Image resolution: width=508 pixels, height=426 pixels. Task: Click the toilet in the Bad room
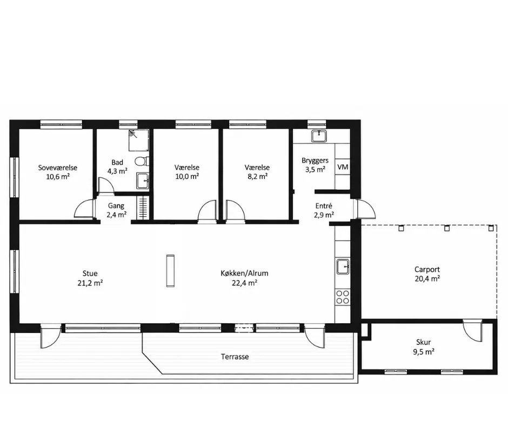(x=142, y=161)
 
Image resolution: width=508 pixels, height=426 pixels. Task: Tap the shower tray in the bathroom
(x=139, y=141)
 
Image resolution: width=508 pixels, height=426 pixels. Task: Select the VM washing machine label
(x=343, y=167)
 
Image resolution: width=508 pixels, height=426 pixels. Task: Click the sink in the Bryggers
(x=319, y=136)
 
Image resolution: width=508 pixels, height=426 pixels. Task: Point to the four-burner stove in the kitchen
(x=343, y=297)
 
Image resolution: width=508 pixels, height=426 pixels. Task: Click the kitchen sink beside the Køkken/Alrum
(x=343, y=267)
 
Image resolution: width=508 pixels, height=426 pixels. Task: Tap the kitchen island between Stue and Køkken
(x=170, y=271)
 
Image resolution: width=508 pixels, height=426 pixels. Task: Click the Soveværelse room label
(x=58, y=168)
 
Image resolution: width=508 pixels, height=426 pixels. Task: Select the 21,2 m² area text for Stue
(x=90, y=283)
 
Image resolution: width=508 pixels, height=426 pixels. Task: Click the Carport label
(x=427, y=269)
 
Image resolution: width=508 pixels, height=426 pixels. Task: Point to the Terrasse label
(x=235, y=357)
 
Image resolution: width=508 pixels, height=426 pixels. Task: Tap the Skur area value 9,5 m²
(x=424, y=352)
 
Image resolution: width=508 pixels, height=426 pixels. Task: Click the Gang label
(x=116, y=205)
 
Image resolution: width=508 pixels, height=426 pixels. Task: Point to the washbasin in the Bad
(x=142, y=181)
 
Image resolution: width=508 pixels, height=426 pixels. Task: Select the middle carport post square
(x=447, y=228)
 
